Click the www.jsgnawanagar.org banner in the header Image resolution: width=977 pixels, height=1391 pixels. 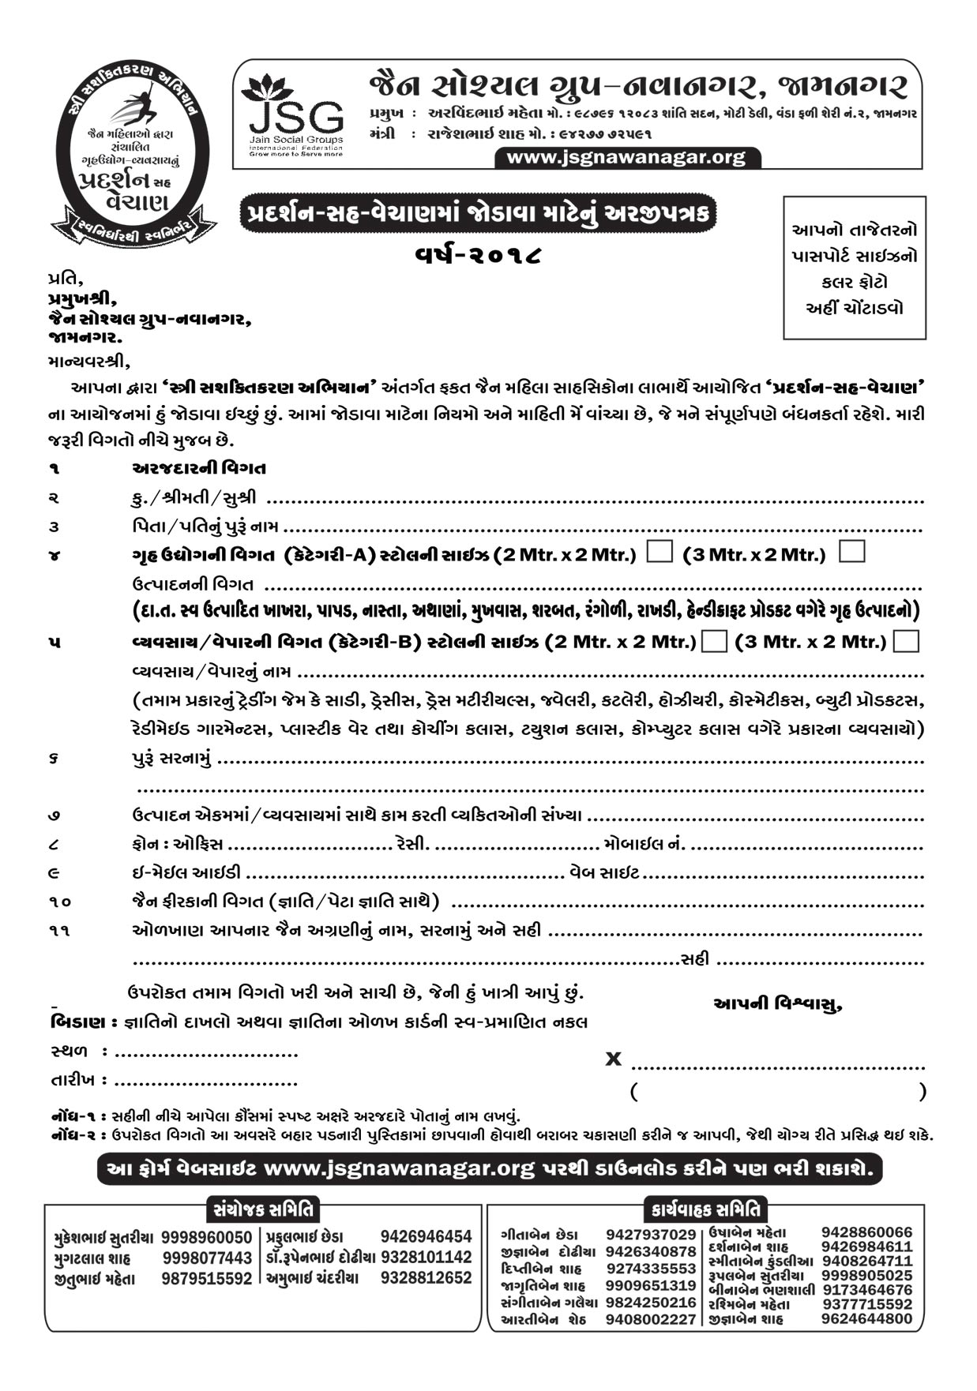point(626,157)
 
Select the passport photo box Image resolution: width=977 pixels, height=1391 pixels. point(854,268)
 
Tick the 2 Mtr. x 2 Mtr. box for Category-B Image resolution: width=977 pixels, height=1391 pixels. point(714,641)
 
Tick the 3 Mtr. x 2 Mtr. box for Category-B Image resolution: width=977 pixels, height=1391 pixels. point(906,641)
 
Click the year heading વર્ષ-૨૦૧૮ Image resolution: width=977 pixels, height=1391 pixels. point(479,255)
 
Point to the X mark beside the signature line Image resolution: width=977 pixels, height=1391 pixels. point(613,1059)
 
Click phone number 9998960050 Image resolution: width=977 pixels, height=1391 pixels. point(206,1237)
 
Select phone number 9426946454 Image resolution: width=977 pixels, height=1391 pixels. point(426,1237)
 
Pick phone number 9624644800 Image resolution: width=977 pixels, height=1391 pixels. point(866,1318)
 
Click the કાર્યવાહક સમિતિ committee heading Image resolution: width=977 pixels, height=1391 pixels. point(706,1209)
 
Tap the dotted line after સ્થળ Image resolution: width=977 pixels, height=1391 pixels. point(206,1054)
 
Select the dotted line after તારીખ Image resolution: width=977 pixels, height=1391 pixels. point(206,1082)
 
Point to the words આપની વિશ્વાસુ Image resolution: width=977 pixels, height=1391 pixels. point(777,1004)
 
